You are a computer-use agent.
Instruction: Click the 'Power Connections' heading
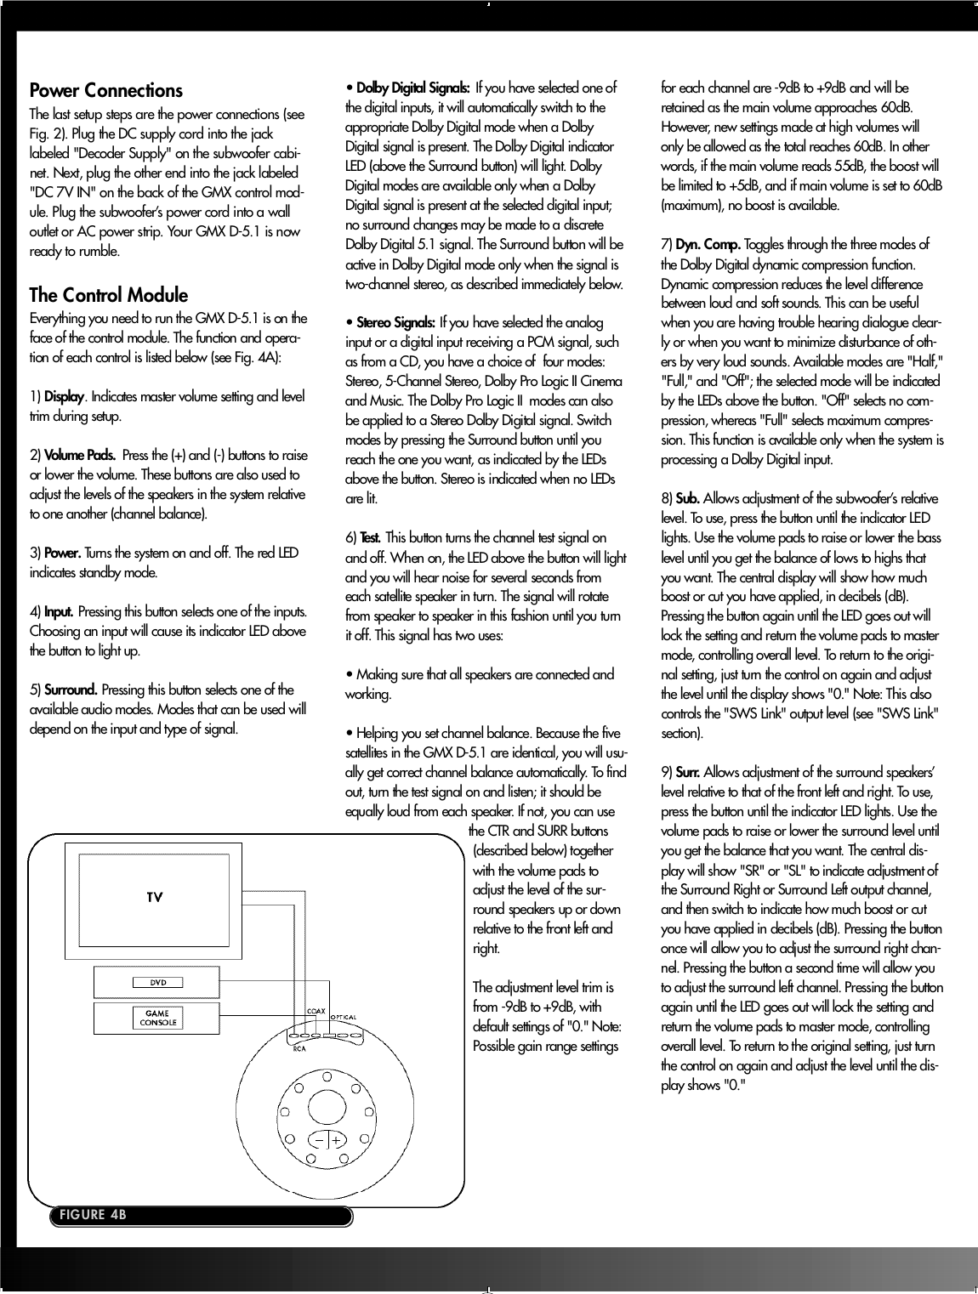(x=105, y=90)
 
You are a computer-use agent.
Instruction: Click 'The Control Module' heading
(x=108, y=295)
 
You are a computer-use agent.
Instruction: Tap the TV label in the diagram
(x=155, y=897)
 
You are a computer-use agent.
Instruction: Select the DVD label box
(x=158, y=982)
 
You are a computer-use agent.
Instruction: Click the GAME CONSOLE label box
(x=157, y=1018)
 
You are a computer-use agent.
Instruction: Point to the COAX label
(x=316, y=1010)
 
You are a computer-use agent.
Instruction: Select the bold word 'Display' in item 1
(x=64, y=397)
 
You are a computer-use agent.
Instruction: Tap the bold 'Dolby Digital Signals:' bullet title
(x=412, y=88)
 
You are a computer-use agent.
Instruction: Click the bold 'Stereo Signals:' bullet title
(x=395, y=323)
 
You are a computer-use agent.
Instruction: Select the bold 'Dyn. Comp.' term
(x=708, y=245)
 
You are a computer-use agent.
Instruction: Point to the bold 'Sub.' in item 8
(x=687, y=498)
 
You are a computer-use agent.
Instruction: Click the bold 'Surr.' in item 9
(x=688, y=772)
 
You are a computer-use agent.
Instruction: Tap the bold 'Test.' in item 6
(x=371, y=538)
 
